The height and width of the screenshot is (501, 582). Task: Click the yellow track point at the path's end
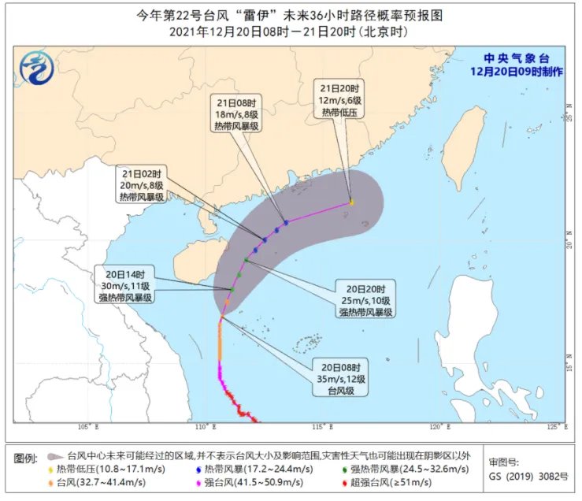pos(351,202)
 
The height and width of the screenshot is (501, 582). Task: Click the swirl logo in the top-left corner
pos(35,66)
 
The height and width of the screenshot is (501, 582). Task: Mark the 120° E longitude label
pos(439,429)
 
